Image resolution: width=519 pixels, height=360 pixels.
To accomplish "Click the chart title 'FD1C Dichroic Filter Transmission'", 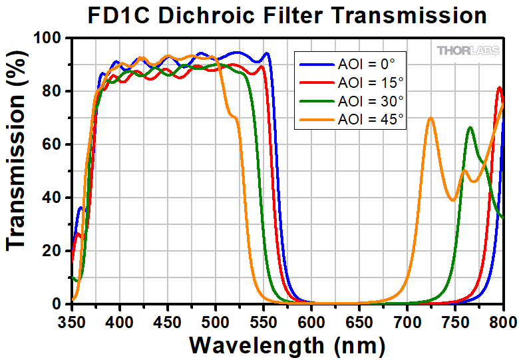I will pos(287,15).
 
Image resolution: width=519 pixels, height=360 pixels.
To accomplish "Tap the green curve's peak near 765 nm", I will pos(470,127).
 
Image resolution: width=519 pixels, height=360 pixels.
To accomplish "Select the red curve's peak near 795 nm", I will pos(499,87).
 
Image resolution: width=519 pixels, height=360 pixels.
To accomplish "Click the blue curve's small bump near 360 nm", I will pos(81,208).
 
